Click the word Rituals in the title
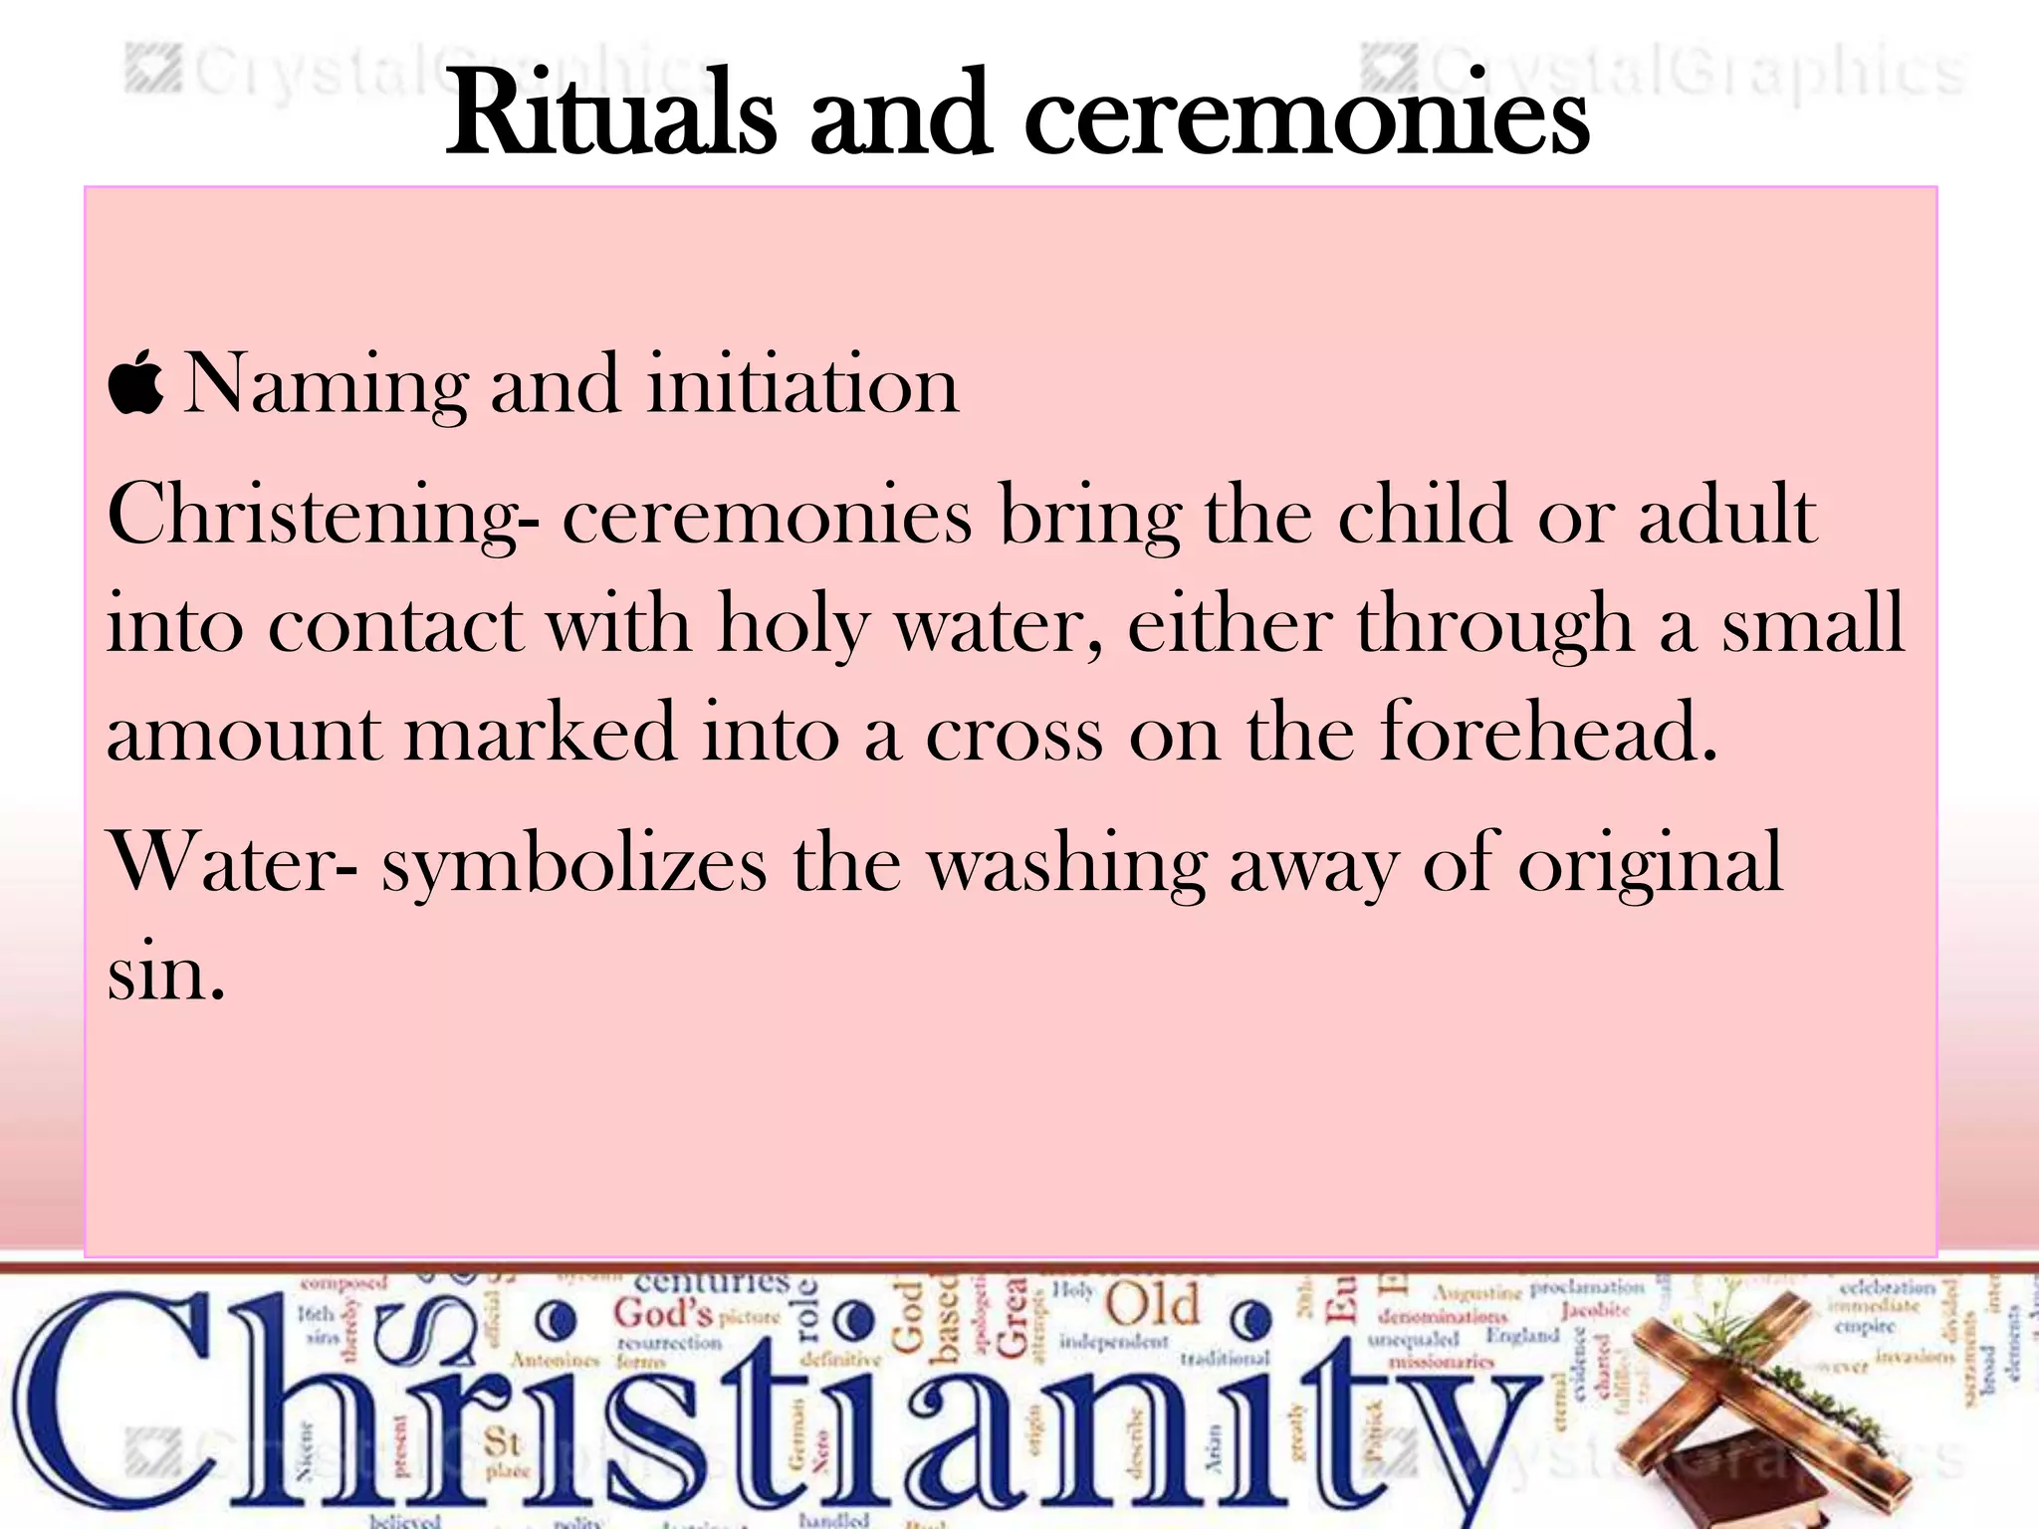click(x=609, y=114)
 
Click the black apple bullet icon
click(x=135, y=383)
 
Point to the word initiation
click(x=802, y=384)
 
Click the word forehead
click(x=1547, y=732)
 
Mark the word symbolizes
click(x=574, y=864)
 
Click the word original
click(x=1650, y=864)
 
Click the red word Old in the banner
click(x=1152, y=1305)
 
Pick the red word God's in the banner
click(x=663, y=1313)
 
